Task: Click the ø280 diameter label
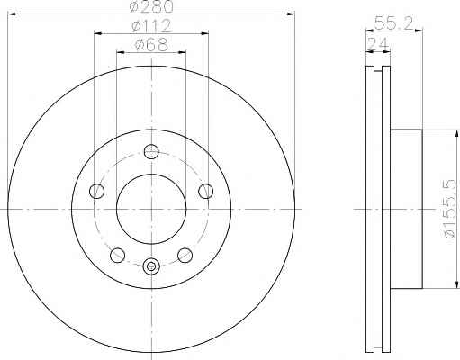pos(151,6)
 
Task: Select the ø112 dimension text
pos(151,26)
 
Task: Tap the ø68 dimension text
pos(151,45)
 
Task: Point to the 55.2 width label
pos(394,22)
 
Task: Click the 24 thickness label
pos(378,44)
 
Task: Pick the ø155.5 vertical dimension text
pos(449,209)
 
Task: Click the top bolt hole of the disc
pos(151,151)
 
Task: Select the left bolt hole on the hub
pos(96,191)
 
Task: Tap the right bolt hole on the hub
pos(206,191)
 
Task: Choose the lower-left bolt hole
pos(117,255)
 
